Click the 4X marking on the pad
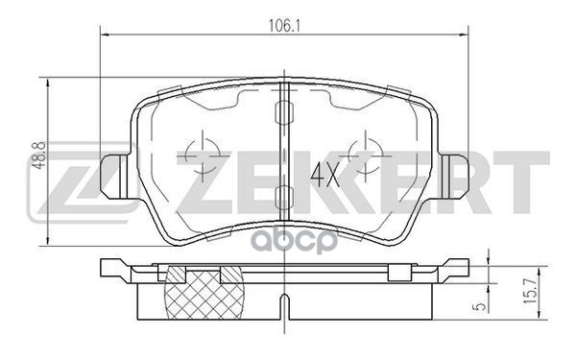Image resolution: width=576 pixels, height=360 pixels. tap(324, 176)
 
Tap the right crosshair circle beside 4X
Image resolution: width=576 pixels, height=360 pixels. tap(365, 152)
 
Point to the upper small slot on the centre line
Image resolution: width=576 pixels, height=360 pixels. tap(284, 102)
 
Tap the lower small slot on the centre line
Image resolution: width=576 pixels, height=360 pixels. tap(284, 199)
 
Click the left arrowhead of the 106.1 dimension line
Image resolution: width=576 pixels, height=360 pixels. tap(105, 36)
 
